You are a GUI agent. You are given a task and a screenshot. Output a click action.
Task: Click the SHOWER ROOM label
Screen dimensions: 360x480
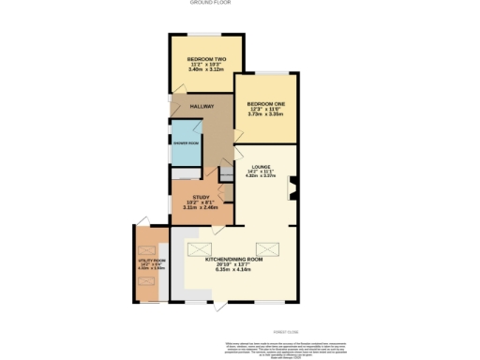pos(186,143)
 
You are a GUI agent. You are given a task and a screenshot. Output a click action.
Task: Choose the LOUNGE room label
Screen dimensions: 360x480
pos(261,166)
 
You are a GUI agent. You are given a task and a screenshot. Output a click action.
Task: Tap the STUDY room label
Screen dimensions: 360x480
pos(202,197)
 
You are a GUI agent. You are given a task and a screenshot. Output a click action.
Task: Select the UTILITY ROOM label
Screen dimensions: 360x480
pos(152,260)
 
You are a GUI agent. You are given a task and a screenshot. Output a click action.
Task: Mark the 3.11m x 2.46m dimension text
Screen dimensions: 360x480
pos(202,208)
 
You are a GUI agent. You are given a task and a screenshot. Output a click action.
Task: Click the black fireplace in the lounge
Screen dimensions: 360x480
pos(292,188)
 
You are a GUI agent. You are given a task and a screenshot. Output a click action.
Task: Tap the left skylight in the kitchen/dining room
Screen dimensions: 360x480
pos(202,248)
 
